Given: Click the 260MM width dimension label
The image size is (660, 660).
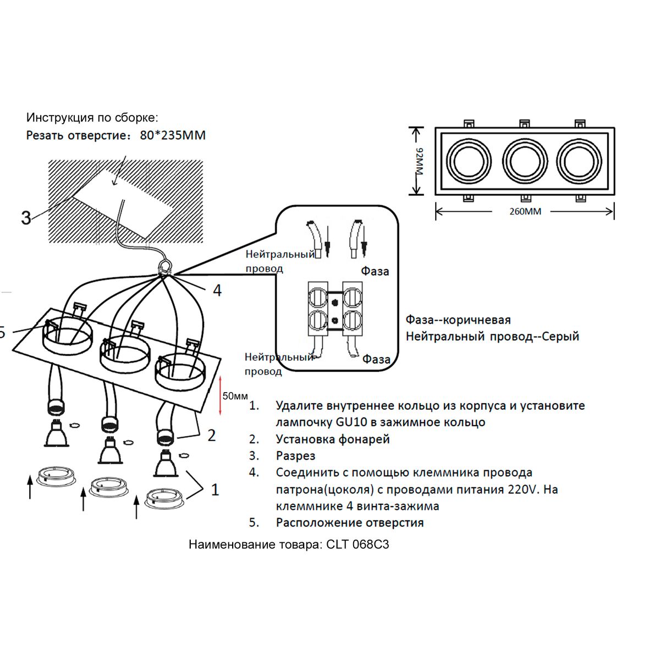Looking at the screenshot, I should (x=525, y=211).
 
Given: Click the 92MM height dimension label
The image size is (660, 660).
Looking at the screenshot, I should (x=420, y=162).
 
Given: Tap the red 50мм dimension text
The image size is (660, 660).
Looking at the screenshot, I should (x=235, y=396).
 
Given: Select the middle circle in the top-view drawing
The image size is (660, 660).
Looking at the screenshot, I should (x=524, y=161).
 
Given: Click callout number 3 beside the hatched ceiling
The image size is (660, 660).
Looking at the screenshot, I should (x=26, y=218).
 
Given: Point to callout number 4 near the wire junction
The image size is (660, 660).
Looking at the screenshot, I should (x=217, y=290).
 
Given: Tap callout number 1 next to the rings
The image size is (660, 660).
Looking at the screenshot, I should (x=215, y=490).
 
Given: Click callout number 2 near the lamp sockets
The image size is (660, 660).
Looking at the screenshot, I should (x=212, y=436).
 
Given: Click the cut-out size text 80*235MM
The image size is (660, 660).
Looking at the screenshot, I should (x=173, y=135).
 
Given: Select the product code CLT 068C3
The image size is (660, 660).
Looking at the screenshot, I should (x=358, y=544).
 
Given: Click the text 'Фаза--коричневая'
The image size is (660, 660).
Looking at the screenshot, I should (x=458, y=320).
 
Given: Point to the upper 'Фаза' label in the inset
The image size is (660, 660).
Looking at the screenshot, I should (x=375, y=271).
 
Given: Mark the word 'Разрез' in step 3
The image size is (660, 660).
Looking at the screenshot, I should (x=295, y=456).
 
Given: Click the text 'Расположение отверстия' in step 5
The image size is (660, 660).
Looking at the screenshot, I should (x=350, y=522).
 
